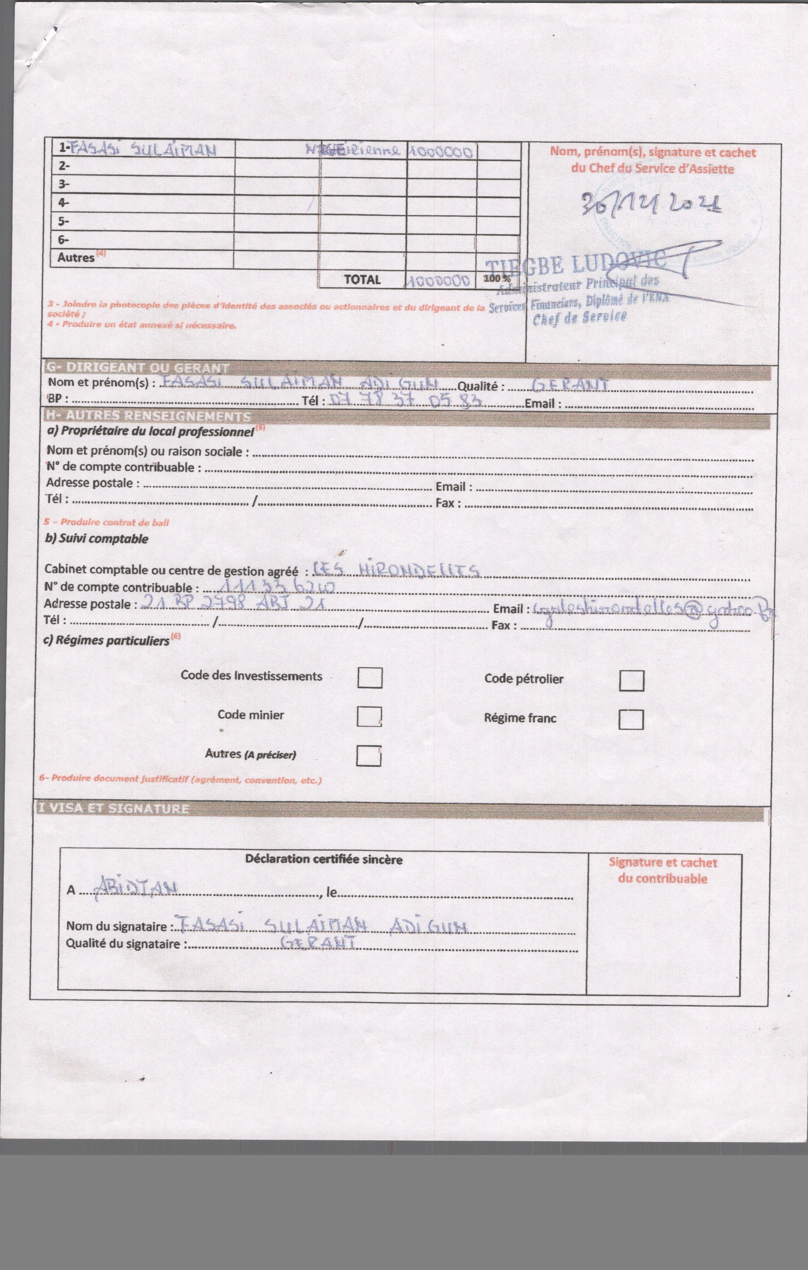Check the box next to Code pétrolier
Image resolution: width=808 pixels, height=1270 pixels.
point(631,680)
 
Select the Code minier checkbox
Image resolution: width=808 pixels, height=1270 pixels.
point(369,716)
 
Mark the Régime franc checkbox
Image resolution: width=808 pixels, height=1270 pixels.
point(631,719)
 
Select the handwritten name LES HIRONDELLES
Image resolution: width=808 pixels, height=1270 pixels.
point(396,570)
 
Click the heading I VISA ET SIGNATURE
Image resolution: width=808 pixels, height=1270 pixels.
point(113,809)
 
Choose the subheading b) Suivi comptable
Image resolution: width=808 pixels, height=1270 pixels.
point(96,538)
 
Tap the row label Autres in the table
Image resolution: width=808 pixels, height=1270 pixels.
point(77,257)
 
